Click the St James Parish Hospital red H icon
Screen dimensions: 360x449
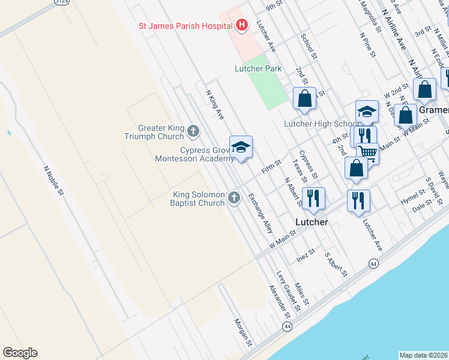coord(242,25)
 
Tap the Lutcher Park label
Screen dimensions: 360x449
coord(258,69)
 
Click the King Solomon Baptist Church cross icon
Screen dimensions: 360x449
coord(234,197)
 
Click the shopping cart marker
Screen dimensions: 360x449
coord(367,153)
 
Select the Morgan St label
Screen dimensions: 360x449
coord(243,332)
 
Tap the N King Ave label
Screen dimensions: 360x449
coord(215,104)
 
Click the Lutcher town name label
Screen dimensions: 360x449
coord(312,222)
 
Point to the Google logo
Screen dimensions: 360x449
coord(20,353)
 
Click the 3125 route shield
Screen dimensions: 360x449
coord(61,2)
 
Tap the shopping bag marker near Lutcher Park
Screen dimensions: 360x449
coord(304,98)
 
